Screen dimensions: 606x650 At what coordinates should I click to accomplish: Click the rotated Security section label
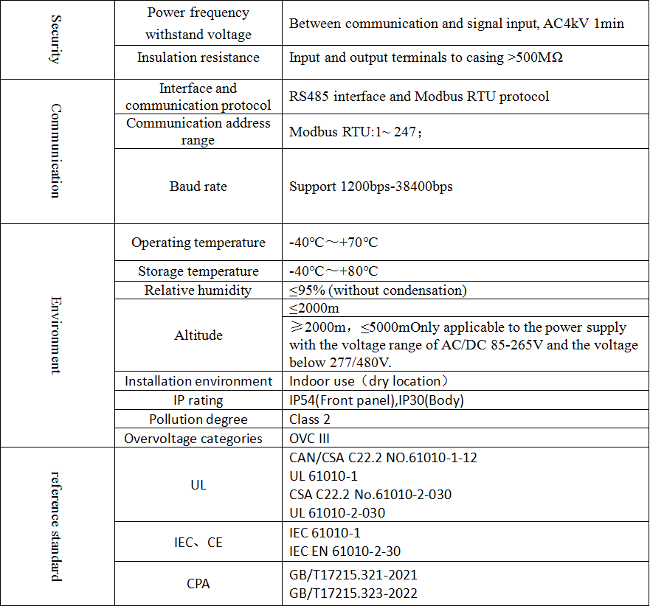(55, 38)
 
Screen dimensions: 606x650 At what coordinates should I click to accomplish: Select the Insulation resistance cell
(198, 58)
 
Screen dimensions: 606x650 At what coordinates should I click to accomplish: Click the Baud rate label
(198, 187)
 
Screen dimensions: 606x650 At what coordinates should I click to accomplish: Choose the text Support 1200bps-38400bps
(370, 187)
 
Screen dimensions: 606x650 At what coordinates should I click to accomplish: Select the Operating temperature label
(198, 243)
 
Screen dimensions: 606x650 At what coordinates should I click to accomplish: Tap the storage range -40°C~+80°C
(333, 271)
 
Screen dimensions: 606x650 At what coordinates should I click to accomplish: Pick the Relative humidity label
(198, 290)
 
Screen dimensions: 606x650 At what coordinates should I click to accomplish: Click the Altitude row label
(198, 335)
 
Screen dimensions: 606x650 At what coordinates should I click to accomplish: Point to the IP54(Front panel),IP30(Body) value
(376, 400)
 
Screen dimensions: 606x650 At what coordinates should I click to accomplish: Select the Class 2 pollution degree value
(310, 419)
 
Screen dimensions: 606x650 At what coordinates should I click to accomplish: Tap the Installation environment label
(198, 381)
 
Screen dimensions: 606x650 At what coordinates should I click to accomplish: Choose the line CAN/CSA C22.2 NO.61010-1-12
(383, 458)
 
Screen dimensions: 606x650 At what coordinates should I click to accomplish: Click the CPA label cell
(198, 584)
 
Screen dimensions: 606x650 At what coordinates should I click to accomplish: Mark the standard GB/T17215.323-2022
(353, 593)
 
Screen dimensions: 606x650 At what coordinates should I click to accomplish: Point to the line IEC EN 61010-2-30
(345, 551)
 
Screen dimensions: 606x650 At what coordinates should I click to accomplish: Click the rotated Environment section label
(55, 335)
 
